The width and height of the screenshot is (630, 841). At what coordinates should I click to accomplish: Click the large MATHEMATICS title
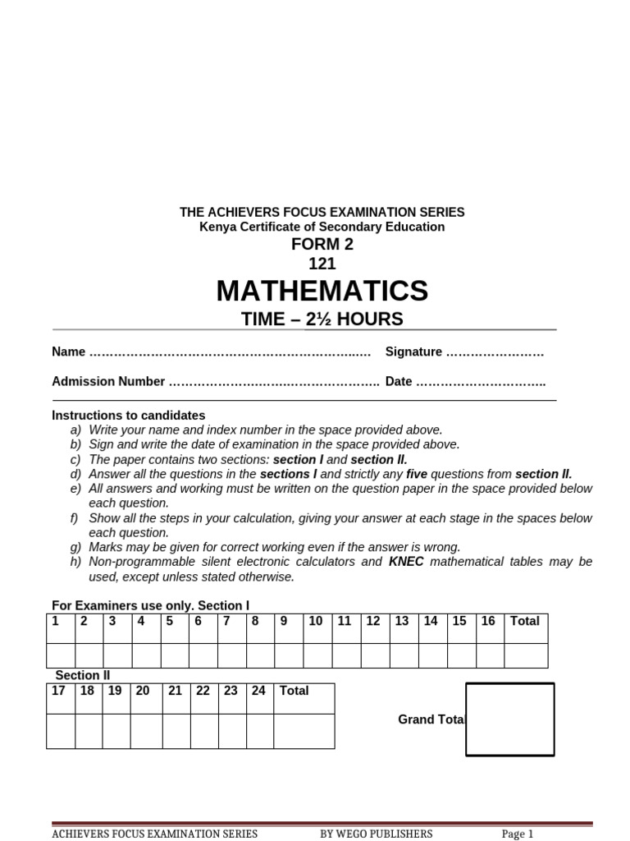tap(322, 291)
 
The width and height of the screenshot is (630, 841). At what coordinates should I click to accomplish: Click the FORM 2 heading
tap(322, 245)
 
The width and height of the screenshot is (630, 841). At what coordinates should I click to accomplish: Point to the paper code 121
tap(322, 264)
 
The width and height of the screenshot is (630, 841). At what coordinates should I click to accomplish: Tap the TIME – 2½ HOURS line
tap(322, 319)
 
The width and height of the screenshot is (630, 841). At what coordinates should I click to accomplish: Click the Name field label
tap(68, 352)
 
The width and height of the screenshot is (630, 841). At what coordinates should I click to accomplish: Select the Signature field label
tap(413, 352)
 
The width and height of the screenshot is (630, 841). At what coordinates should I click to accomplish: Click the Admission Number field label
tap(108, 381)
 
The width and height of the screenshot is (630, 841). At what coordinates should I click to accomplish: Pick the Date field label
tap(399, 381)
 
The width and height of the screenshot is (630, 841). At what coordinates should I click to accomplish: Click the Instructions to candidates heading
tap(129, 416)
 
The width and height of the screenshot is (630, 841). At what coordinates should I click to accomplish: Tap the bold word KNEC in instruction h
tap(406, 562)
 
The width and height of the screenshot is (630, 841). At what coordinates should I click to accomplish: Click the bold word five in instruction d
tap(417, 474)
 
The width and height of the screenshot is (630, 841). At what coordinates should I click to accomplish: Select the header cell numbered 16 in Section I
tap(488, 622)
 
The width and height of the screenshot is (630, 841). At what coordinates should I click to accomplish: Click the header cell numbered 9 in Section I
tap(284, 622)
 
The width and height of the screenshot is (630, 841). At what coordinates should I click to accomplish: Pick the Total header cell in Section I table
tap(525, 622)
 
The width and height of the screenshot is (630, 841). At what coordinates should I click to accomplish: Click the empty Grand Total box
tap(510, 719)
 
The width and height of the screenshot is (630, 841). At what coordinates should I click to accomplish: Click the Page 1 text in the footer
tap(518, 834)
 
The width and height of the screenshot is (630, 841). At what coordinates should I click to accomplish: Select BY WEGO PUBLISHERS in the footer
tap(376, 834)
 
